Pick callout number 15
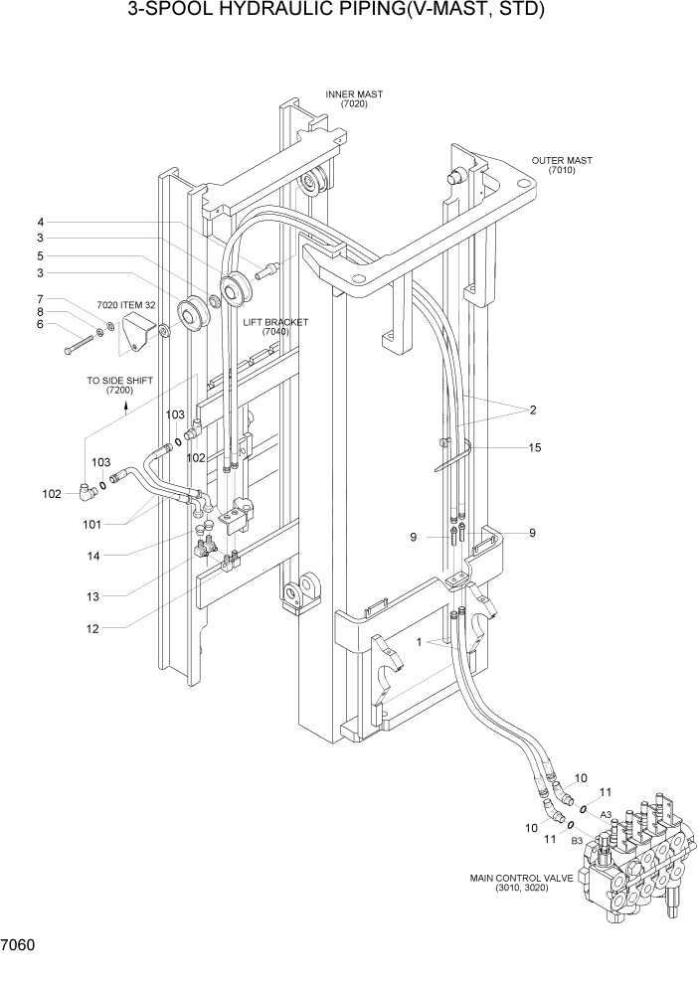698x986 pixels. click(x=535, y=448)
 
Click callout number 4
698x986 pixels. click(x=41, y=222)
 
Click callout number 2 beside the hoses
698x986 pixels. click(x=533, y=410)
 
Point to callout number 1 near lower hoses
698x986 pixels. click(x=421, y=642)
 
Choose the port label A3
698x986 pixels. click(x=605, y=814)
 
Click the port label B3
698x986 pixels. click(x=576, y=841)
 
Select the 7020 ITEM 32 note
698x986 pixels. click(x=126, y=305)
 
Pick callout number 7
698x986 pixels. click(x=41, y=298)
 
